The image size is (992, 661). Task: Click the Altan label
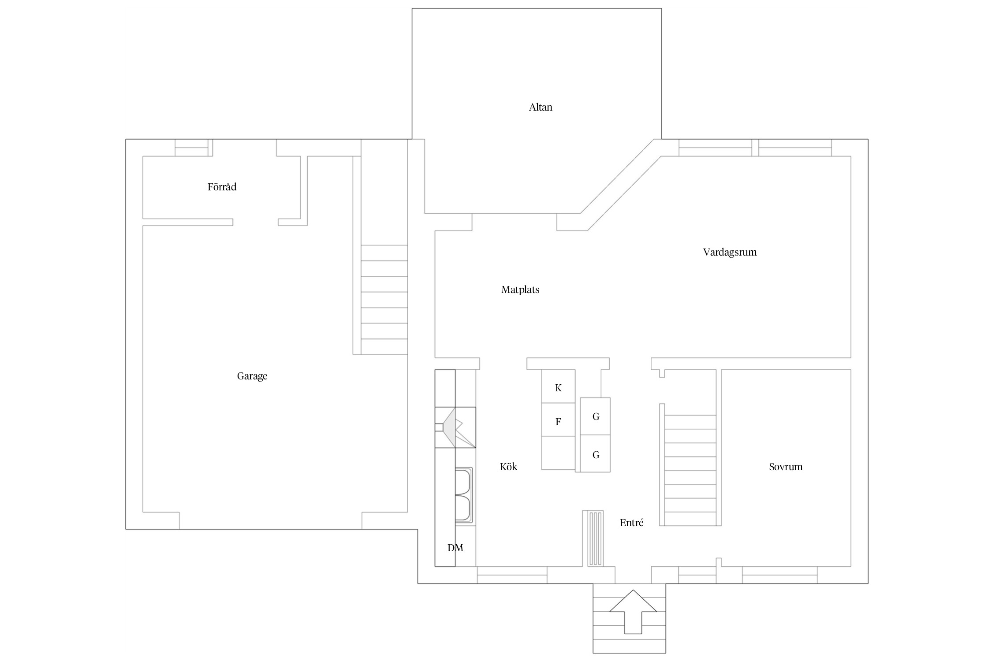tap(541, 107)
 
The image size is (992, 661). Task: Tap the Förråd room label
tap(222, 187)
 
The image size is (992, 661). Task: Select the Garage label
tap(252, 376)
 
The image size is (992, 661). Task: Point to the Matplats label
tap(520, 290)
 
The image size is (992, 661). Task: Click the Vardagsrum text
tap(730, 253)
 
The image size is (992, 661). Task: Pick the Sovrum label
tap(786, 467)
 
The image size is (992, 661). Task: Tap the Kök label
tap(508, 467)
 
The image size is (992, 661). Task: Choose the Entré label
tap(631, 523)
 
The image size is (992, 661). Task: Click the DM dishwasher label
tap(455, 548)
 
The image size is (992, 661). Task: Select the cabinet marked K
tap(558, 386)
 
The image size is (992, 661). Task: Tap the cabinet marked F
tap(558, 420)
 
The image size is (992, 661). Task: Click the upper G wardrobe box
tap(595, 416)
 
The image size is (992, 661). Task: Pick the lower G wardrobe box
tap(595, 454)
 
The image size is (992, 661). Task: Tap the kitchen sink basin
tap(463, 495)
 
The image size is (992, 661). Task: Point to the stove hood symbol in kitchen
tap(455, 427)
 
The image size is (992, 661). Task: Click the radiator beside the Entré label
tap(593, 538)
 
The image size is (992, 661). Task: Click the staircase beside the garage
tap(384, 300)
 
